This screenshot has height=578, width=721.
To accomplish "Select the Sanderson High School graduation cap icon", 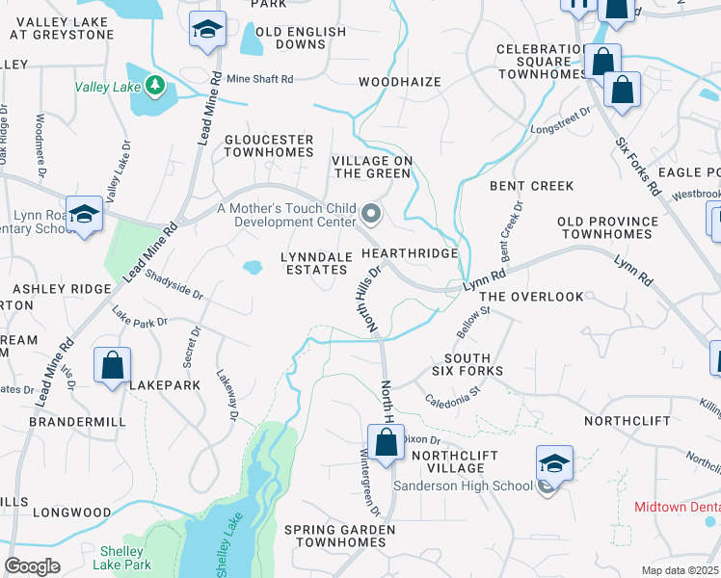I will coord(554,463).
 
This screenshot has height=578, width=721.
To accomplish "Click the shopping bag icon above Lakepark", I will coord(113,366).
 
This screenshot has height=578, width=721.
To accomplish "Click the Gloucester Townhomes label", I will coord(269,146).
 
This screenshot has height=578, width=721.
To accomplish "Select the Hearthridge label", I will coord(410,252).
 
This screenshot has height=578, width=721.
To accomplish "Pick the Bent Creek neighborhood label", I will coord(531,186).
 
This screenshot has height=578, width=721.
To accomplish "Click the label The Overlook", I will coord(531,297).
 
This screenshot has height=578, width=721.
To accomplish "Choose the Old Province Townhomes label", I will coord(607,228).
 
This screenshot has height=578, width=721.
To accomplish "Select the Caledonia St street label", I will coord(452,395).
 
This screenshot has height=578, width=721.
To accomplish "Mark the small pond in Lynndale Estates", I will coord(253,268).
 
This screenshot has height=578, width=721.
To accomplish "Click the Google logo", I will coord(32,565).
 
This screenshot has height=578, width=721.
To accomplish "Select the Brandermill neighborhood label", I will coord(65,423).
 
